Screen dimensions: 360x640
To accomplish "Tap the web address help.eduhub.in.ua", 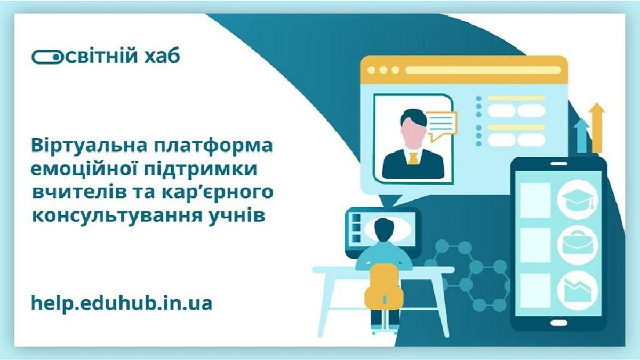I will [x=122, y=303].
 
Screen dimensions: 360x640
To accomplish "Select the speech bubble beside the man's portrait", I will [x=441, y=125].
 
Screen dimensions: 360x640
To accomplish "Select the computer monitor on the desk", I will [x=382, y=230].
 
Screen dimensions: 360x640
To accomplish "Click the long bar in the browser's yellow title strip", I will [x=483, y=70].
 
